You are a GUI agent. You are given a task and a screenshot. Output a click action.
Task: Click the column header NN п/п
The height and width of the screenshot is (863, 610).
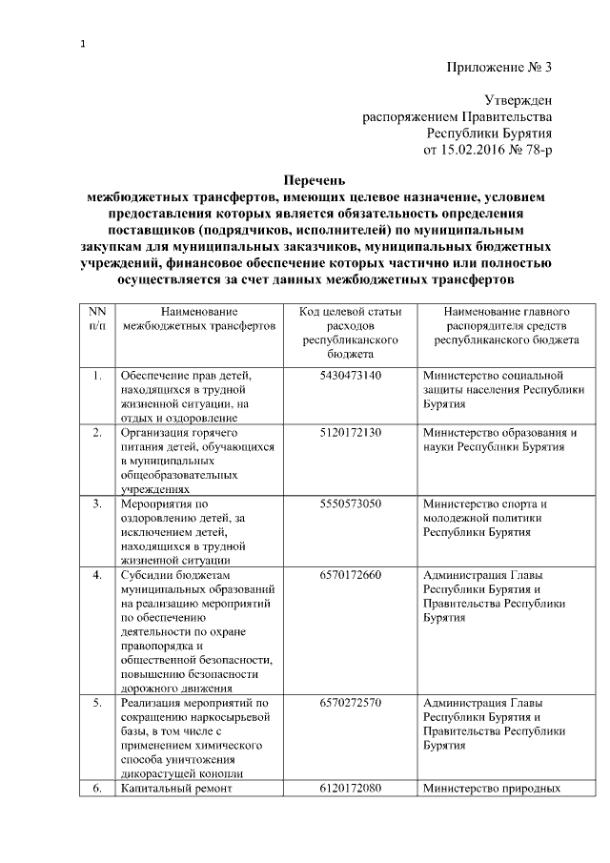pos(96,318)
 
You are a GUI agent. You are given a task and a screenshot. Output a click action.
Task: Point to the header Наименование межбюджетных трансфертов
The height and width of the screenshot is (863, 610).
pos(198,318)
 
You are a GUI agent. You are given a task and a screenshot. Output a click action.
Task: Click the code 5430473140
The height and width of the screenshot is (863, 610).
pos(351,375)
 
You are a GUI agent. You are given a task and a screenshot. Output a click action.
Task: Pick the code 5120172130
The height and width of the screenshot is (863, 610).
pos(351,432)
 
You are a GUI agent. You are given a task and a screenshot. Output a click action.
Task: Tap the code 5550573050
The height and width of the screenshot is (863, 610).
pos(351,503)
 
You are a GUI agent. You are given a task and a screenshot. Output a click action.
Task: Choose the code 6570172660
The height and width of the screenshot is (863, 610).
pos(351,575)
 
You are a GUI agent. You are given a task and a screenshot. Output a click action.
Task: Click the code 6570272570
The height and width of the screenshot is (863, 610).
pos(351,704)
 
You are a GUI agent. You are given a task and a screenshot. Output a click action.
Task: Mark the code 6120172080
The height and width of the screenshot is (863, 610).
pos(351,789)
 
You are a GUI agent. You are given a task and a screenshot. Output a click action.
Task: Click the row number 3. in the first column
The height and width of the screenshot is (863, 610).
pos(96,503)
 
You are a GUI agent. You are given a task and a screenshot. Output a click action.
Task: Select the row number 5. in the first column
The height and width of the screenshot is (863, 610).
pos(96,704)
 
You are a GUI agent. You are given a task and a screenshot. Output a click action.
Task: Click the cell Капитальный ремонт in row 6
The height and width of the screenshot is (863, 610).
pos(173,789)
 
